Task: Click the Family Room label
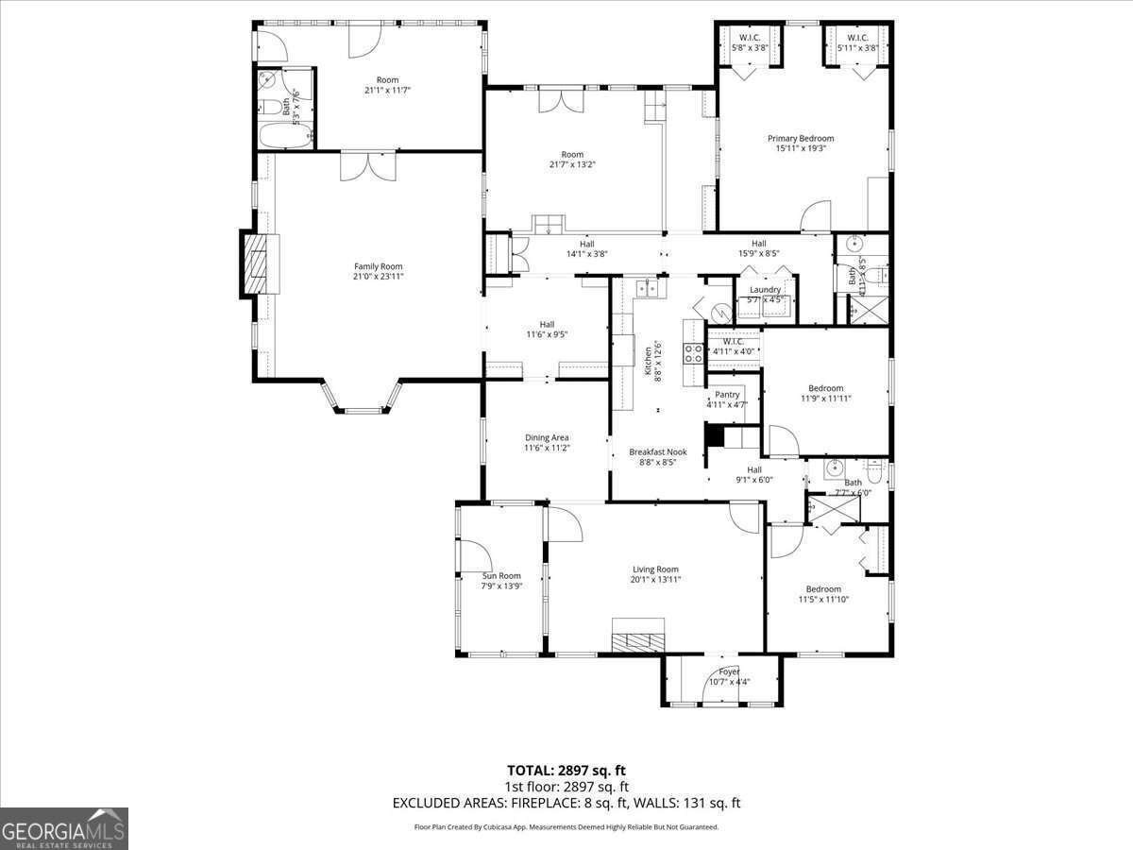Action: click(378, 266)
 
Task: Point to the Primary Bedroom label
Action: click(800, 138)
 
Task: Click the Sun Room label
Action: click(501, 575)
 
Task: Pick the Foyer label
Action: click(722, 671)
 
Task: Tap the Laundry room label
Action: click(765, 290)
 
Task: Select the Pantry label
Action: click(727, 395)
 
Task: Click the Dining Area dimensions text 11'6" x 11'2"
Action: click(547, 448)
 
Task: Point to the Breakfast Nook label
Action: click(658, 452)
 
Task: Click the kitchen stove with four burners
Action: click(694, 353)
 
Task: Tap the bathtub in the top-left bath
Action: click(284, 136)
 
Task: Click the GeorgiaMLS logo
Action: click(64, 828)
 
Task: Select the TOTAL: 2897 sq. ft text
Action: click(566, 770)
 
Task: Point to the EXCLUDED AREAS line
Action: click(566, 803)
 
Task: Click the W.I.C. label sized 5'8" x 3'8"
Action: click(749, 47)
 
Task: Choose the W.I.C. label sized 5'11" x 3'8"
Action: click(857, 47)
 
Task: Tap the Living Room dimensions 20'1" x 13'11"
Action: click(656, 580)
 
